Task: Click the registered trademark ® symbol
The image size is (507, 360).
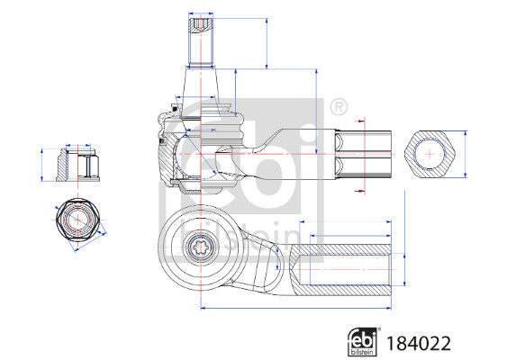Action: [x=339, y=108]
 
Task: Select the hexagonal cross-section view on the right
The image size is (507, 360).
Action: [x=432, y=155]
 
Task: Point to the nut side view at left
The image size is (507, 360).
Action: [x=77, y=164]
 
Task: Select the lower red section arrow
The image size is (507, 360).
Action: [x=360, y=190]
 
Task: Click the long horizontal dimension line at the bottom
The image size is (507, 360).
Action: [x=297, y=307]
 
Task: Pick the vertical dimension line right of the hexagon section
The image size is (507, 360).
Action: [x=466, y=155]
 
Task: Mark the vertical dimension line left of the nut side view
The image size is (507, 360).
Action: [x=42, y=164]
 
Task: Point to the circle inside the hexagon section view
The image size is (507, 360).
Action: [x=432, y=155]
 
